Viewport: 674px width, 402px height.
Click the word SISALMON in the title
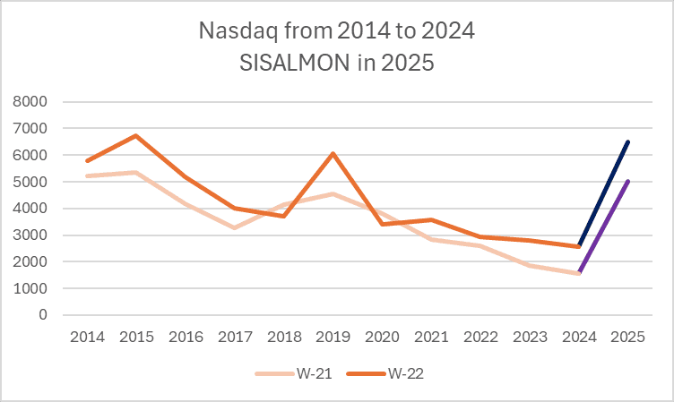click(295, 64)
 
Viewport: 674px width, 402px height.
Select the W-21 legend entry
click(294, 373)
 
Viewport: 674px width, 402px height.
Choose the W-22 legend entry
click(385, 373)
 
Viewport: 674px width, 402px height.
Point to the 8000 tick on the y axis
click(30, 102)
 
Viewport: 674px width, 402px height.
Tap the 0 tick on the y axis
click(42, 315)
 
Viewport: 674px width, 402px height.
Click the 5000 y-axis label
click(30, 182)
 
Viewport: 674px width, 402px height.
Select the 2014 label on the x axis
click(87, 338)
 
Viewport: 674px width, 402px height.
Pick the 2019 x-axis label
click(333, 338)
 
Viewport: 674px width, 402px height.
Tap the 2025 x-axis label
click(628, 338)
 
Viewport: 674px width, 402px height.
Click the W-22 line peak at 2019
click(333, 153)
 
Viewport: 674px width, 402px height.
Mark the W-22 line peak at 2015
click(136, 136)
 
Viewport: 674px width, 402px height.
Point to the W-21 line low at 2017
click(235, 227)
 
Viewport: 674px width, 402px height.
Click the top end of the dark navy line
click(628, 142)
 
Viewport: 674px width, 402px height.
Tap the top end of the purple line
click(628, 182)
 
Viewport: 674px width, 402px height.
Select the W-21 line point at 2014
click(87, 176)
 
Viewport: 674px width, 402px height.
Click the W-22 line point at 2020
click(382, 224)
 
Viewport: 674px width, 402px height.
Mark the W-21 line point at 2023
click(530, 266)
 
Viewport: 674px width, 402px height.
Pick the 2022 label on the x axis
click(480, 338)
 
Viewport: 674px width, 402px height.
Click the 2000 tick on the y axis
click(30, 261)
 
